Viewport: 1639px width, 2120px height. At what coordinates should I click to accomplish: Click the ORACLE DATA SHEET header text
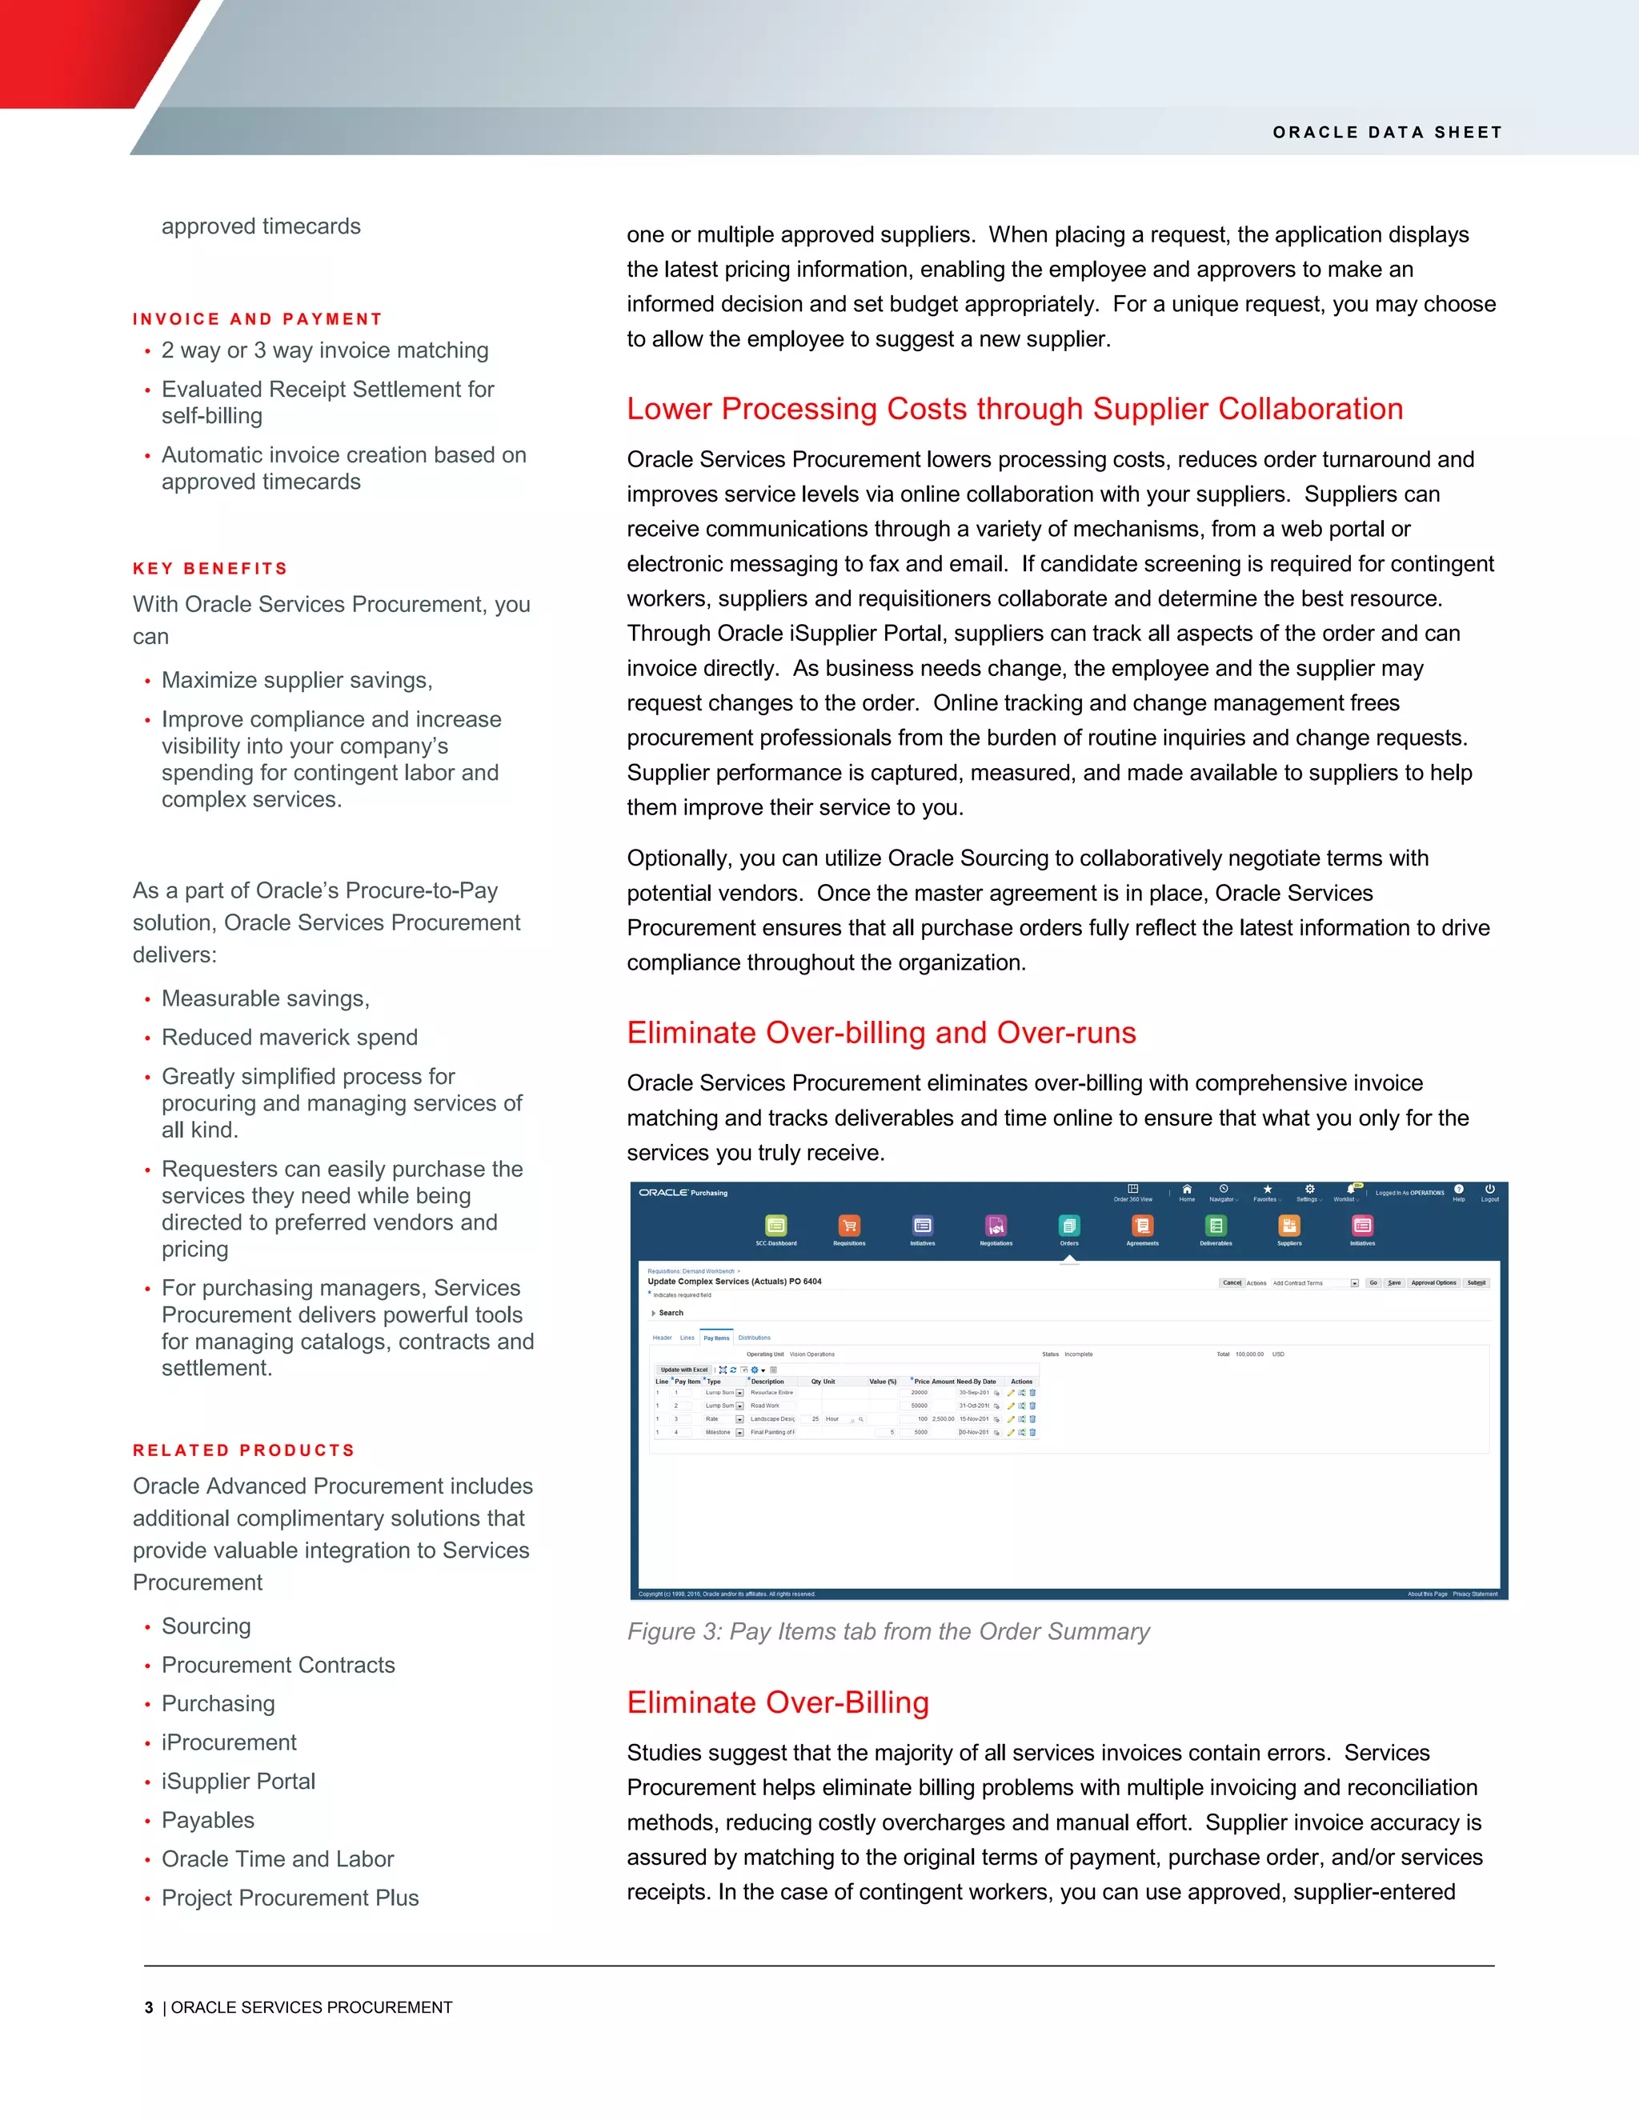[x=1387, y=132]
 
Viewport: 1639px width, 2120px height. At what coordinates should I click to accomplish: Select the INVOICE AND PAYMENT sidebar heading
[x=258, y=319]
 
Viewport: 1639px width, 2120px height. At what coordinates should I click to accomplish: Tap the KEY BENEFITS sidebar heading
[x=210, y=569]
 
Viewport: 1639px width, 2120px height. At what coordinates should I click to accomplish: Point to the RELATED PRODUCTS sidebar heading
[x=244, y=1450]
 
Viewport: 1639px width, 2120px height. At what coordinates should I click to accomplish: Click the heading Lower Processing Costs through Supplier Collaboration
[x=1014, y=409]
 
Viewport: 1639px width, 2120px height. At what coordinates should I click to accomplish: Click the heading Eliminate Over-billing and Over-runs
[x=880, y=1032]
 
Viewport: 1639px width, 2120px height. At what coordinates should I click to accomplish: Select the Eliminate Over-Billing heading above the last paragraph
[x=777, y=1702]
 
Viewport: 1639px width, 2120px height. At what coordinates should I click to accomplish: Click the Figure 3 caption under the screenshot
[x=888, y=1632]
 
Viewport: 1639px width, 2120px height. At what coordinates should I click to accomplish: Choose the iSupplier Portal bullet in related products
[x=238, y=1782]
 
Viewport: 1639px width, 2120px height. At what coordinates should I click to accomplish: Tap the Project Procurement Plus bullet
[x=290, y=1898]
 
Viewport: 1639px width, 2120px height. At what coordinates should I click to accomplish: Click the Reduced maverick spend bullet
[x=290, y=1037]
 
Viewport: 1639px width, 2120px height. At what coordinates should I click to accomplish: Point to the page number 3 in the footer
[x=149, y=2007]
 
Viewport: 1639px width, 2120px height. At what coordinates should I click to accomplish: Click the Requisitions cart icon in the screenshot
[x=848, y=1226]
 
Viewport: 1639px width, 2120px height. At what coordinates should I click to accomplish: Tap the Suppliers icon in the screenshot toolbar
[x=1288, y=1226]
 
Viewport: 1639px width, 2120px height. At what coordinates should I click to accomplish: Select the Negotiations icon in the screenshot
[x=996, y=1226]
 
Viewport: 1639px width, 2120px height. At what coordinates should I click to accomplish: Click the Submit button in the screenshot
[x=1476, y=1283]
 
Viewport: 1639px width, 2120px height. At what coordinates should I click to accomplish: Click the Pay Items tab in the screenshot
[x=715, y=1338]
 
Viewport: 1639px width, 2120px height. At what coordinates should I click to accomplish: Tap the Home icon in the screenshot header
[x=1187, y=1190]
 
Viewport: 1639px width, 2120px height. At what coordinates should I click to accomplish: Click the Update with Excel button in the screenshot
[x=683, y=1370]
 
